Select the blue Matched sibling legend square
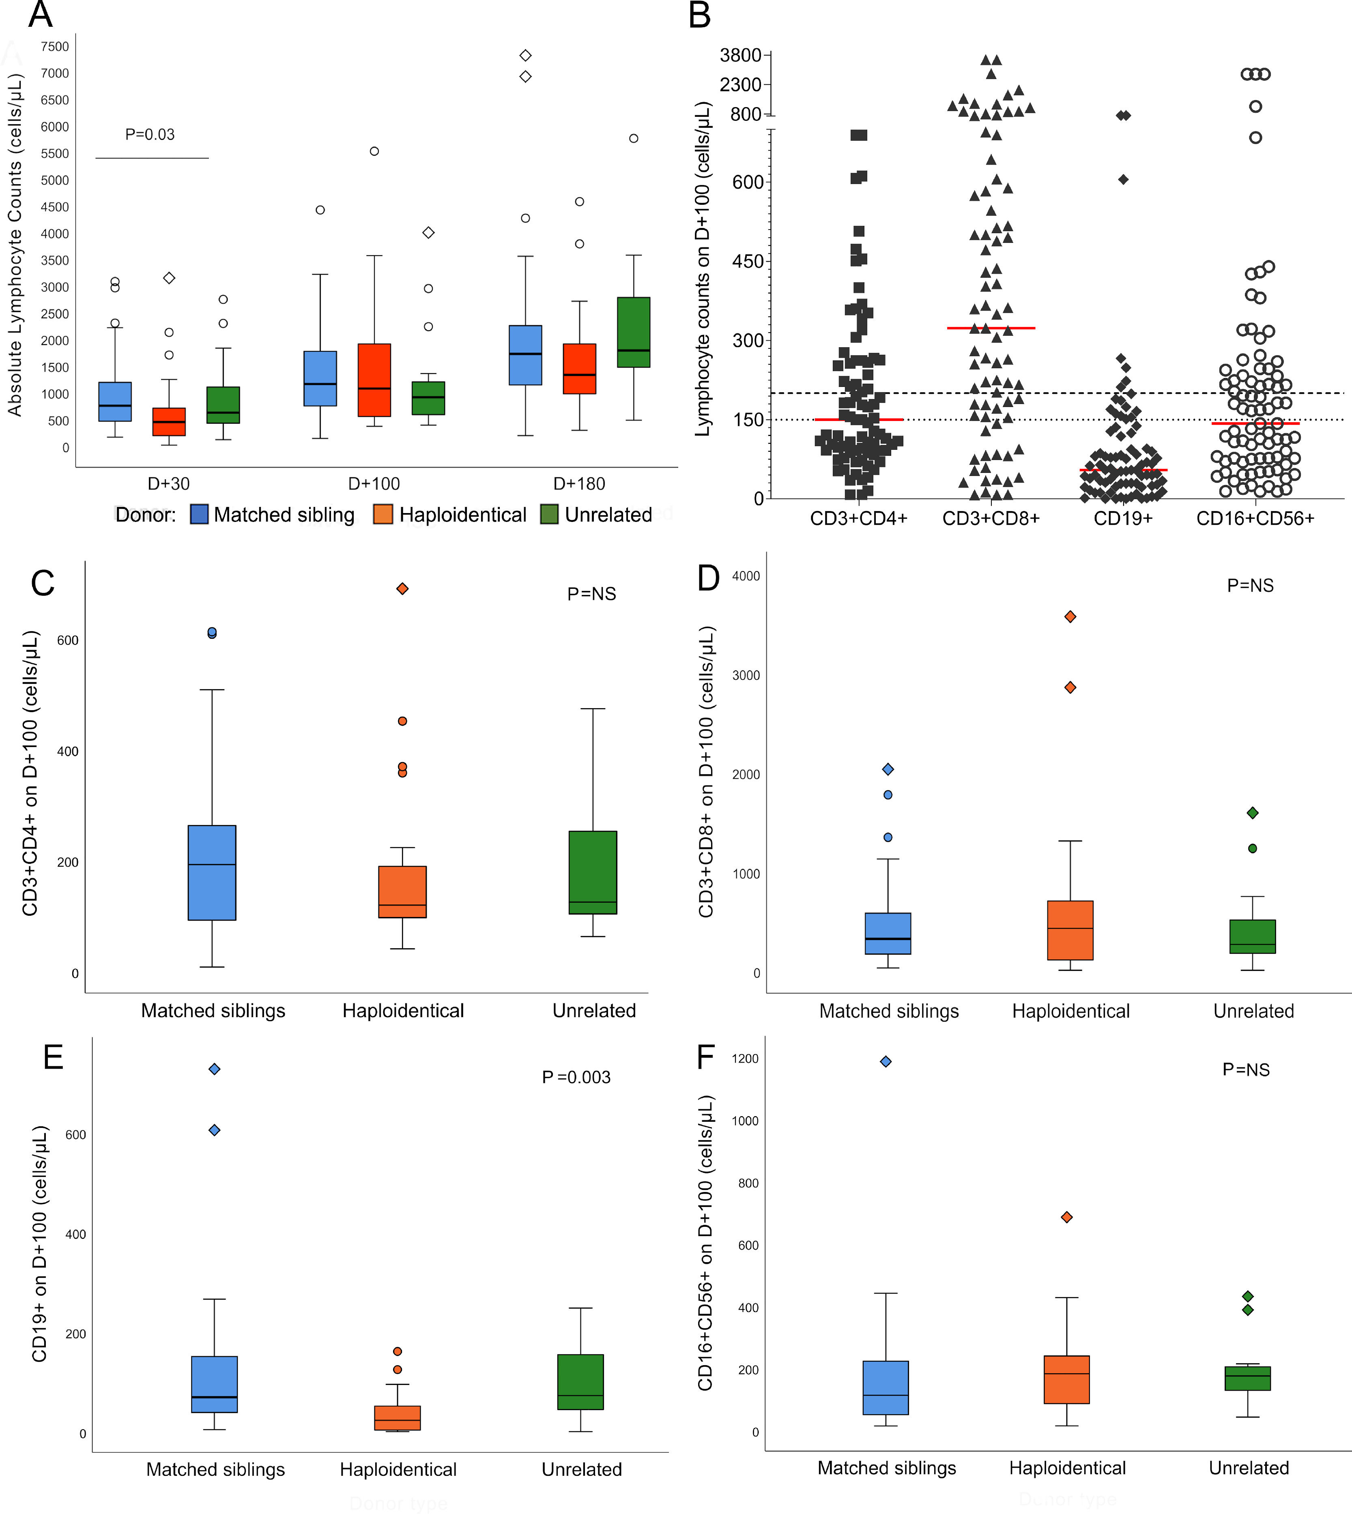coord(199,514)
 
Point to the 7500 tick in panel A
coord(55,47)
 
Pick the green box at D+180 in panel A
coord(634,332)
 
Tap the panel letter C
coord(43,583)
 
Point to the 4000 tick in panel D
coord(746,576)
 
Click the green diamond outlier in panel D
coord(1253,813)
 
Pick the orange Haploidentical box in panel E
coord(398,1417)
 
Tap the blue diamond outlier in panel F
coord(886,1061)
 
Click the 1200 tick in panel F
coord(745,1059)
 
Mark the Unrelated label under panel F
coord(1249,1468)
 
